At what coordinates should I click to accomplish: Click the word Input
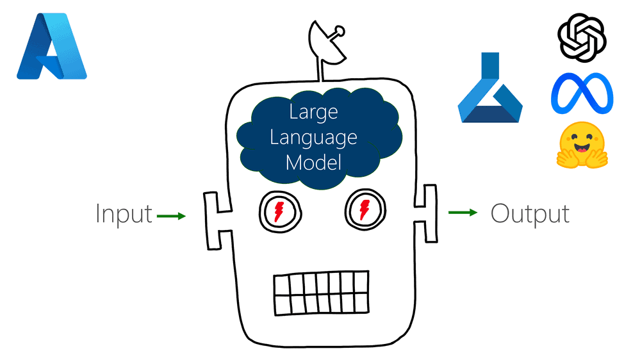point(124,214)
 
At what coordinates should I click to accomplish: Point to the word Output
point(530,213)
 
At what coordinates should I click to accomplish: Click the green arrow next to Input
point(170,216)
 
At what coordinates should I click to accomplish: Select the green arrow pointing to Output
point(463,212)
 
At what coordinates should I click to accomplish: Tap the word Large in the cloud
point(313,112)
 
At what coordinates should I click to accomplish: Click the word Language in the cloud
point(313,137)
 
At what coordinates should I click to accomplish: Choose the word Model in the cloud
point(313,162)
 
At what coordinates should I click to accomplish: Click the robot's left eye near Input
point(277,210)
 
